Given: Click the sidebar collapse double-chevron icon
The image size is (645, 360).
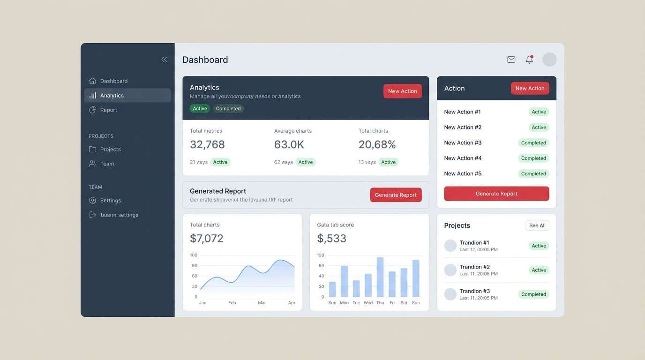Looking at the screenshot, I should point(164,60).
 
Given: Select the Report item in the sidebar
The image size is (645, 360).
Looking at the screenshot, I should point(108,110).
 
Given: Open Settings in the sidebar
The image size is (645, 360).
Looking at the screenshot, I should point(110,200).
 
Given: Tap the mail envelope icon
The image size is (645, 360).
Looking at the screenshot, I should point(511,60).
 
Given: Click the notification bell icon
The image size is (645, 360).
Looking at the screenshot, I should point(529,60).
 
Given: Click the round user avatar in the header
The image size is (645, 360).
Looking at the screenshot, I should point(549,60).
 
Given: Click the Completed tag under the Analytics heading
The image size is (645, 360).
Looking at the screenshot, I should point(228,108).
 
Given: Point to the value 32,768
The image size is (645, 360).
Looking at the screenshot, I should point(207,144).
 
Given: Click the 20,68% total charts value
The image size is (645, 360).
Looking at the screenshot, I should point(377,144).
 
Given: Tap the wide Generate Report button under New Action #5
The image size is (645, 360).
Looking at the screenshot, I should point(496,194).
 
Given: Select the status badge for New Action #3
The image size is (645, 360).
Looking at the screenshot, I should point(533,142).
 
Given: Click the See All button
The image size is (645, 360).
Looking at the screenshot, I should point(537,225).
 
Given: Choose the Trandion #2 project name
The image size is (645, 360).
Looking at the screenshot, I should point(474,267).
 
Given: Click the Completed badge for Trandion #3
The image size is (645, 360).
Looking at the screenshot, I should point(533,294).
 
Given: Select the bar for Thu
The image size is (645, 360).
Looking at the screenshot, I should point(380,277).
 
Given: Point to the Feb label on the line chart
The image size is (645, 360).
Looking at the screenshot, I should point(232,303).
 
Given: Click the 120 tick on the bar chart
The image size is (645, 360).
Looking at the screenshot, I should point(321,255).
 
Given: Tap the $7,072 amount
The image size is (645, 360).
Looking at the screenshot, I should point(206,238).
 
